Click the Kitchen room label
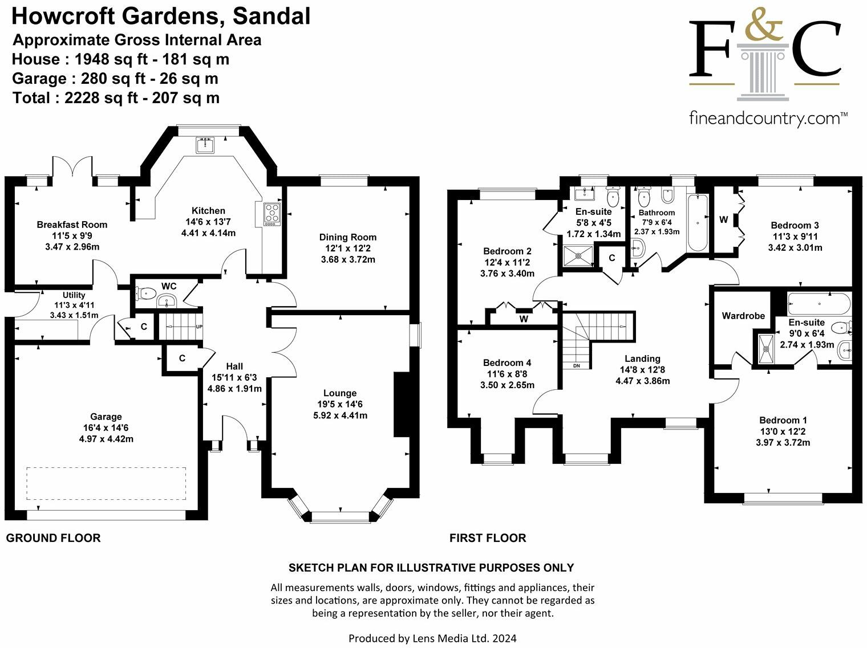(x=208, y=210)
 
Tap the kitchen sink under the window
(x=204, y=145)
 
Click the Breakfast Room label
(x=72, y=225)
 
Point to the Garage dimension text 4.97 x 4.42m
(x=106, y=439)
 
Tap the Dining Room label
(x=348, y=237)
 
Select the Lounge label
(x=340, y=393)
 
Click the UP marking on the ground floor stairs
(x=199, y=327)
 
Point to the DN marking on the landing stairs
(x=576, y=366)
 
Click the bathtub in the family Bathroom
(x=698, y=222)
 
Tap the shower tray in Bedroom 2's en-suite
(x=579, y=255)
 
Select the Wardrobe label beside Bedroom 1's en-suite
(x=743, y=316)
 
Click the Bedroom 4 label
(x=507, y=362)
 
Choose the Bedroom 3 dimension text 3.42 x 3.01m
(x=795, y=247)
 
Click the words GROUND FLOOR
(x=53, y=538)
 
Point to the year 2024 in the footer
(x=504, y=638)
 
